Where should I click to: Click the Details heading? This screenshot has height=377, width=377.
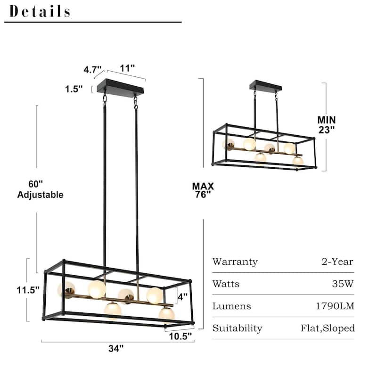tap(40, 11)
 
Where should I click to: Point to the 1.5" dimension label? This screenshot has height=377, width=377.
tap(74, 88)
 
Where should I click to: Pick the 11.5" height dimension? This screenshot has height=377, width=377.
tap(27, 290)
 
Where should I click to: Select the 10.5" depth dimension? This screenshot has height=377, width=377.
tap(180, 336)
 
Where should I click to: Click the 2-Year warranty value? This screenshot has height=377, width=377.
tap(336, 262)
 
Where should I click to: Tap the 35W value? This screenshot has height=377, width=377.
tap(344, 284)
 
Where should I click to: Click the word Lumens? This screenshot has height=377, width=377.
tap(231, 306)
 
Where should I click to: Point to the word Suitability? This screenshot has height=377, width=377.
tap(237, 328)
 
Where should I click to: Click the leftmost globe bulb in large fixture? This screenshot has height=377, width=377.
tap(66, 290)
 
